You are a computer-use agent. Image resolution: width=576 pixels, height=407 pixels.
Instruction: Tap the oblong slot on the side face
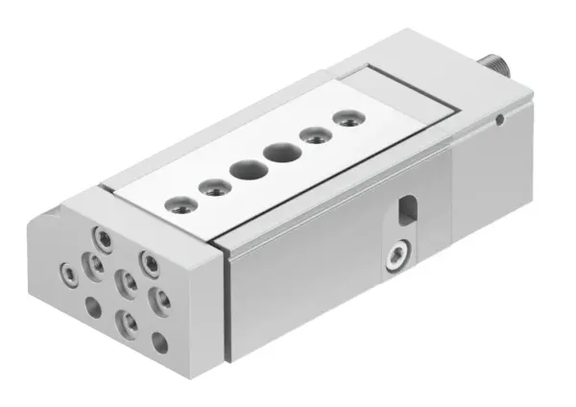click(406, 209)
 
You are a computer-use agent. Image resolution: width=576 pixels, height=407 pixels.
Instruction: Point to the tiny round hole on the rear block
click(500, 120)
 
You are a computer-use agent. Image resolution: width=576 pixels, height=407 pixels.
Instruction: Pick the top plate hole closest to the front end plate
click(177, 203)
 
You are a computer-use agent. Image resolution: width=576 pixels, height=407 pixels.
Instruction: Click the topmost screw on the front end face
click(102, 236)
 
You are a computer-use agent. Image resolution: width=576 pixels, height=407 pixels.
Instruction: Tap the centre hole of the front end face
click(125, 280)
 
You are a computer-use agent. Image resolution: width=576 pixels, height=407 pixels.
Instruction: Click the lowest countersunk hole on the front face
click(127, 323)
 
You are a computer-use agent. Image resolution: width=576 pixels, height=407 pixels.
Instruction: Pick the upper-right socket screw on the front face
click(148, 260)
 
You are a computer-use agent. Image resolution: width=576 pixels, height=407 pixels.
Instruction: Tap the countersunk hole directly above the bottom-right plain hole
click(161, 299)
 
